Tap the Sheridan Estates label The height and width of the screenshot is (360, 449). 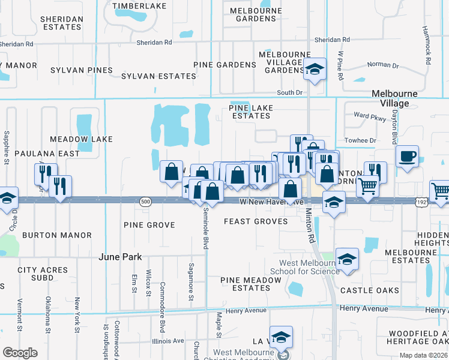tap(61, 23)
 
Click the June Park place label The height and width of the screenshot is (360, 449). tap(120, 257)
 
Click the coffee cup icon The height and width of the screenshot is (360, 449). tap(407, 157)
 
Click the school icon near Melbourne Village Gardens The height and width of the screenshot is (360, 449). tap(315, 70)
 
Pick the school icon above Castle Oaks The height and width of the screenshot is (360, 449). tap(347, 260)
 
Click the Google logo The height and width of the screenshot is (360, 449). tap(20, 352)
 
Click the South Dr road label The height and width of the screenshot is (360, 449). tap(289, 92)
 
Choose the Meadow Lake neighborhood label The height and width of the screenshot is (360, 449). tap(81, 139)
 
